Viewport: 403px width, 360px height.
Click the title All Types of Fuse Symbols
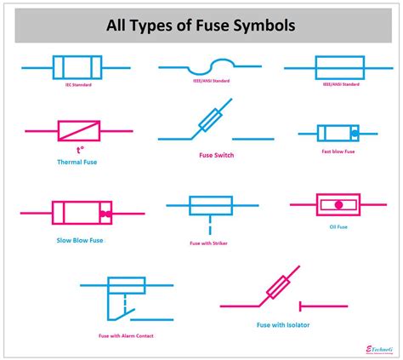pos(201,26)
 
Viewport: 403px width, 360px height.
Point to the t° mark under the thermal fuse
pos(79,147)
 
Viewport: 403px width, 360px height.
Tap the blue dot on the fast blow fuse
pos(355,133)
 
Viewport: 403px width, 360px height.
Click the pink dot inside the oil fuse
pos(337,204)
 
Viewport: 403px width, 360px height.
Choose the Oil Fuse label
pos(337,226)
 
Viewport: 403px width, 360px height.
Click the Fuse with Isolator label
pos(283,323)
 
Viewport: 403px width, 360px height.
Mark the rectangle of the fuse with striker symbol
pos(208,205)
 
